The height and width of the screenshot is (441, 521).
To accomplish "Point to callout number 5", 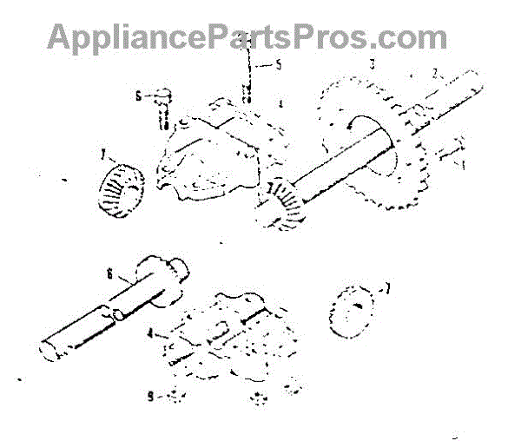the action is pyautogui.click(x=278, y=64).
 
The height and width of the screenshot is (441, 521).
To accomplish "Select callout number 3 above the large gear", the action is pyautogui.click(x=372, y=64).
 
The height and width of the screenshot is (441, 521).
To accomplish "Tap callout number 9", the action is pyautogui.click(x=151, y=396).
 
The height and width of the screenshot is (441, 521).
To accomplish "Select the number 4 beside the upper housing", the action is pyautogui.click(x=279, y=104).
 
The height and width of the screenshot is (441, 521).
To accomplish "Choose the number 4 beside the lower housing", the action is pyautogui.click(x=150, y=332).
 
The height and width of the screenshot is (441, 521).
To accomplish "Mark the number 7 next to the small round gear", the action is pyautogui.click(x=388, y=286).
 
